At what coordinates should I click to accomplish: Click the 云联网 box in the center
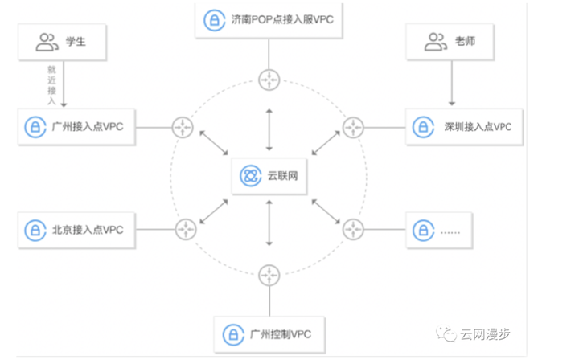coord(269,176)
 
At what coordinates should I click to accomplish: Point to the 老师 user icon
coord(437,41)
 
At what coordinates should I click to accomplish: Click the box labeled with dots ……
coord(439,231)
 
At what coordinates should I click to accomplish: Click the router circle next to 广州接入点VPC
coord(184,126)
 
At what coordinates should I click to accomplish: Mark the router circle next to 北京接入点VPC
coord(186,230)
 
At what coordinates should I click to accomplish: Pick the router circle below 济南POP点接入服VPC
coord(269,79)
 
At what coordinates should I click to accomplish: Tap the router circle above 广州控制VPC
coord(269,276)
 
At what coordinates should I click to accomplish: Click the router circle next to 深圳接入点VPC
coord(353,126)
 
